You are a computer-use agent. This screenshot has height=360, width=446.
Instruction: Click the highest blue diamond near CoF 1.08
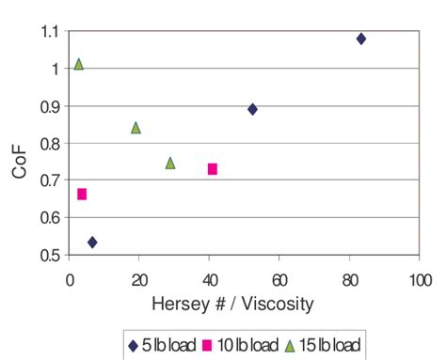click(x=360, y=39)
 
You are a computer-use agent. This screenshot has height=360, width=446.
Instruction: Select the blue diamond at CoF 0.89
click(x=252, y=109)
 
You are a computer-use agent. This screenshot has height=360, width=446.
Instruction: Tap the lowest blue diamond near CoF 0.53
click(x=92, y=243)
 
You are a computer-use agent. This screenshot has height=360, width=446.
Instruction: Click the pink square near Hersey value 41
click(x=213, y=169)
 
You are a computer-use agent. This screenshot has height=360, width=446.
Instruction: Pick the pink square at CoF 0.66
click(x=82, y=195)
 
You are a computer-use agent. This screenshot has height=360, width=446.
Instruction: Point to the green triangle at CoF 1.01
click(x=79, y=64)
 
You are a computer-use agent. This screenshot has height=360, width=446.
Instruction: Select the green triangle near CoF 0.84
click(x=135, y=128)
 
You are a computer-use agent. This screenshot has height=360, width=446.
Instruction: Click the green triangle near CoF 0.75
click(x=170, y=163)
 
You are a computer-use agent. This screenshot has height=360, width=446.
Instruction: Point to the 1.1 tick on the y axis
click(x=48, y=31)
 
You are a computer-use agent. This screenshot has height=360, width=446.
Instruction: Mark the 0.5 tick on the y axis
click(x=48, y=255)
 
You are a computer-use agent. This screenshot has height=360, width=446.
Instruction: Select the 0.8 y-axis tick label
click(x=48, y=143)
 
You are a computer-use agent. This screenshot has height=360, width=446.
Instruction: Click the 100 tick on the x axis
click(x=420, y=279)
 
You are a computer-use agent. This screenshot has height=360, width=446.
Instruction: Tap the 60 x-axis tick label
click(x=279, y=279)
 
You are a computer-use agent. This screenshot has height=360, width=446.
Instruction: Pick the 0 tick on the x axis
click(x=70, y=279)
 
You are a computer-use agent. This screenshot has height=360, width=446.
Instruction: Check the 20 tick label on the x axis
click(x=139, y=279)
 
